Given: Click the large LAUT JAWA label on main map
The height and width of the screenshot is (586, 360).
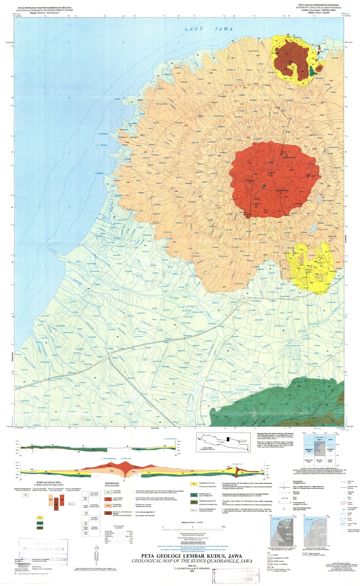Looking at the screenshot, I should click(x=208, y=29).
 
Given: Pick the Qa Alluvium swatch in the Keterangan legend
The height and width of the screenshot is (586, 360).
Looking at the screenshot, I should click(x=108, y=492).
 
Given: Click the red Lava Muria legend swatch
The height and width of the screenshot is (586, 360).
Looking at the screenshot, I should click(x=108, y=499).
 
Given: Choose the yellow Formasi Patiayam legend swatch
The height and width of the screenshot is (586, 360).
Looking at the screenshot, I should click(x=193, y=484).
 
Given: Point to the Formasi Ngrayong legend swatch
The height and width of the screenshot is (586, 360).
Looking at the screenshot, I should click(x=193, y=502).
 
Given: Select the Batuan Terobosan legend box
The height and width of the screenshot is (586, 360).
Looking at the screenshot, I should click(x=193, y=510).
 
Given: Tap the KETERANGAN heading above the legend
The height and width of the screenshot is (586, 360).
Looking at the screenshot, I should click(x=112, y=483).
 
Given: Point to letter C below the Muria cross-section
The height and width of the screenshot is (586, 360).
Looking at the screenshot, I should click(x=125, y=480).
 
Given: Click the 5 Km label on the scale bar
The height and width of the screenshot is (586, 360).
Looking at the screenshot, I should click(x=223, y=526).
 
